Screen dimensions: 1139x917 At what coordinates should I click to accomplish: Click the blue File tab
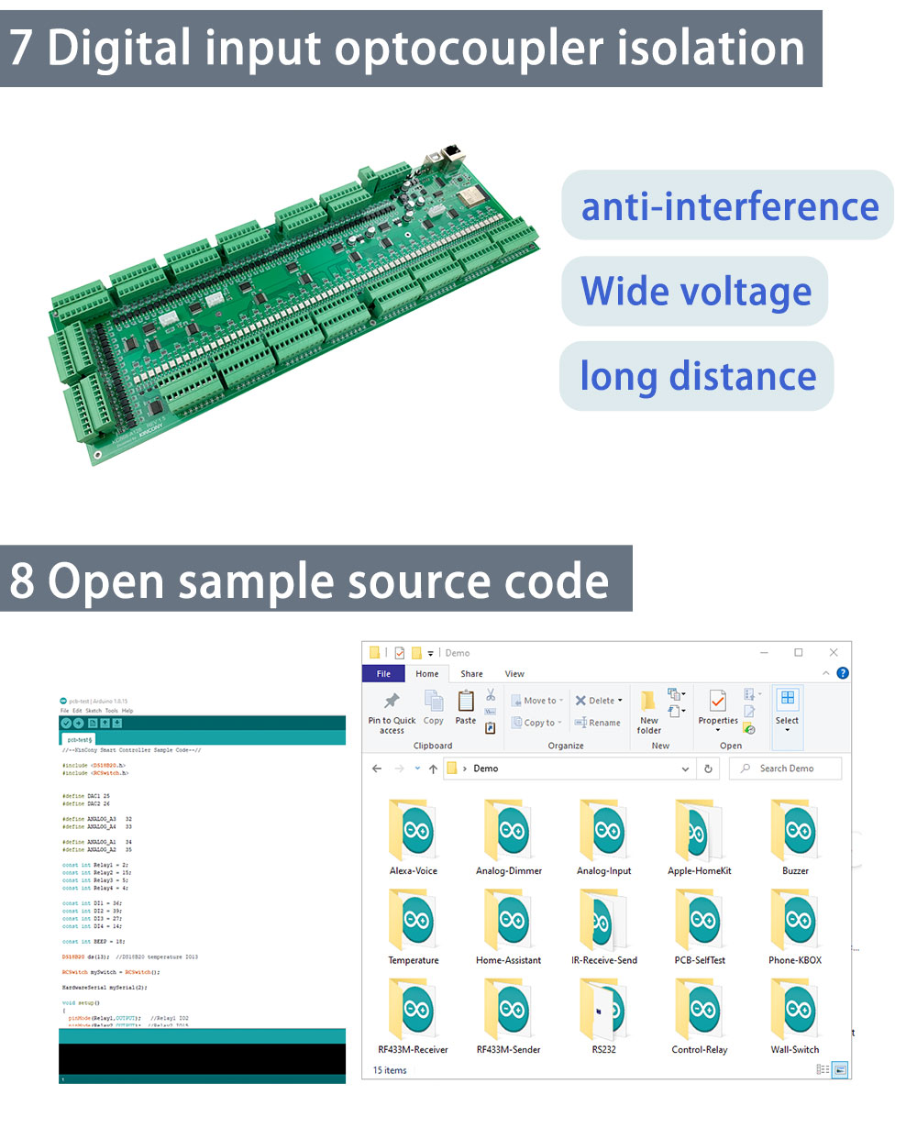pyautogui.click(x=383, y=674)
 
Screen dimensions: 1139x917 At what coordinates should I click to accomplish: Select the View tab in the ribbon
pyautogui.click(x=514, y=674)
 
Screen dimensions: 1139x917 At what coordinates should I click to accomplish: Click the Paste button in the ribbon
pyautogui.click(x=466, y=706)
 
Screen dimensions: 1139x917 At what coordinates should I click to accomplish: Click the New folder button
pyautogui.click(x=648, y=711)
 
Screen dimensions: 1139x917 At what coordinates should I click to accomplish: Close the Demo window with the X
pyautogui.click(x=834, y=652)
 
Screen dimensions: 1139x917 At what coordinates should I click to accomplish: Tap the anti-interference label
pyautogui.click(x=729, y=206)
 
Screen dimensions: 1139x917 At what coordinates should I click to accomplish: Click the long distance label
pyautogui.click(x=697, y=376)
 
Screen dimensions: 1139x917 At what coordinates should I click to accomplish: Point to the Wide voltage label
pyautogui.click(x=695, y=292)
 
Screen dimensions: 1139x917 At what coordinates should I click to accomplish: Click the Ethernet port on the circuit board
pyautogui.click(x=452, y=156)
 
